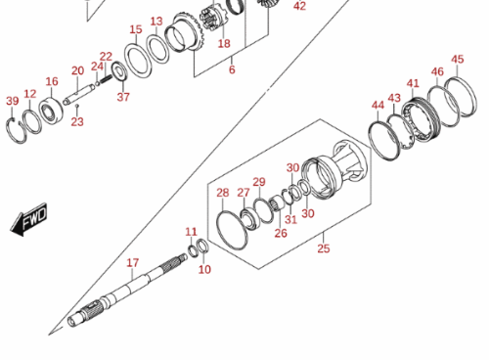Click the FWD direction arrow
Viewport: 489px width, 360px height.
29,220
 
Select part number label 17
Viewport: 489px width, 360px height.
133,263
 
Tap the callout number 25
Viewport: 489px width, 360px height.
324,248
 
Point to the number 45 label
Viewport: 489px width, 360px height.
458,60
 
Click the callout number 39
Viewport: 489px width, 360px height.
13,101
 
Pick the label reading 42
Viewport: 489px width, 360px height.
299,6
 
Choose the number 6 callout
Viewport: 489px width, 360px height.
232,69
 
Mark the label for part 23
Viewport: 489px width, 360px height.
77,122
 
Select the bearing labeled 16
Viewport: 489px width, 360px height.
51,111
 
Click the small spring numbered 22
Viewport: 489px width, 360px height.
106,79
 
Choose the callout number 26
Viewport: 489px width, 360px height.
281,233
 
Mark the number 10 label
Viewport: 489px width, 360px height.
204,270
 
